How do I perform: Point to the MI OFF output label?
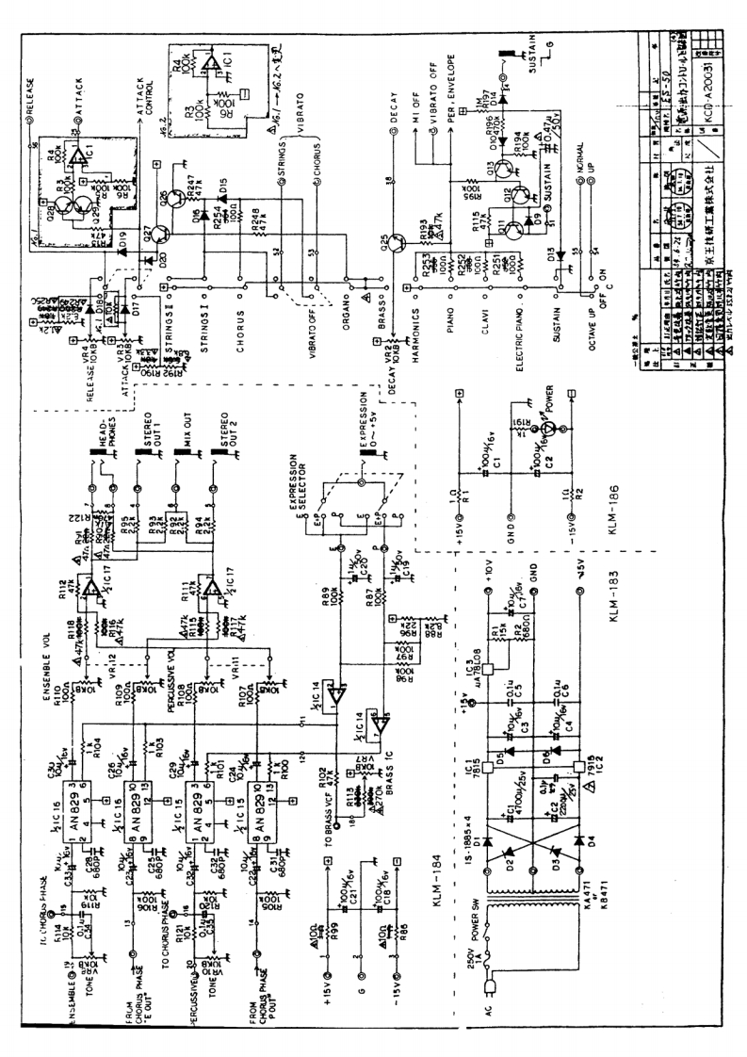(x=416, y=113)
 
